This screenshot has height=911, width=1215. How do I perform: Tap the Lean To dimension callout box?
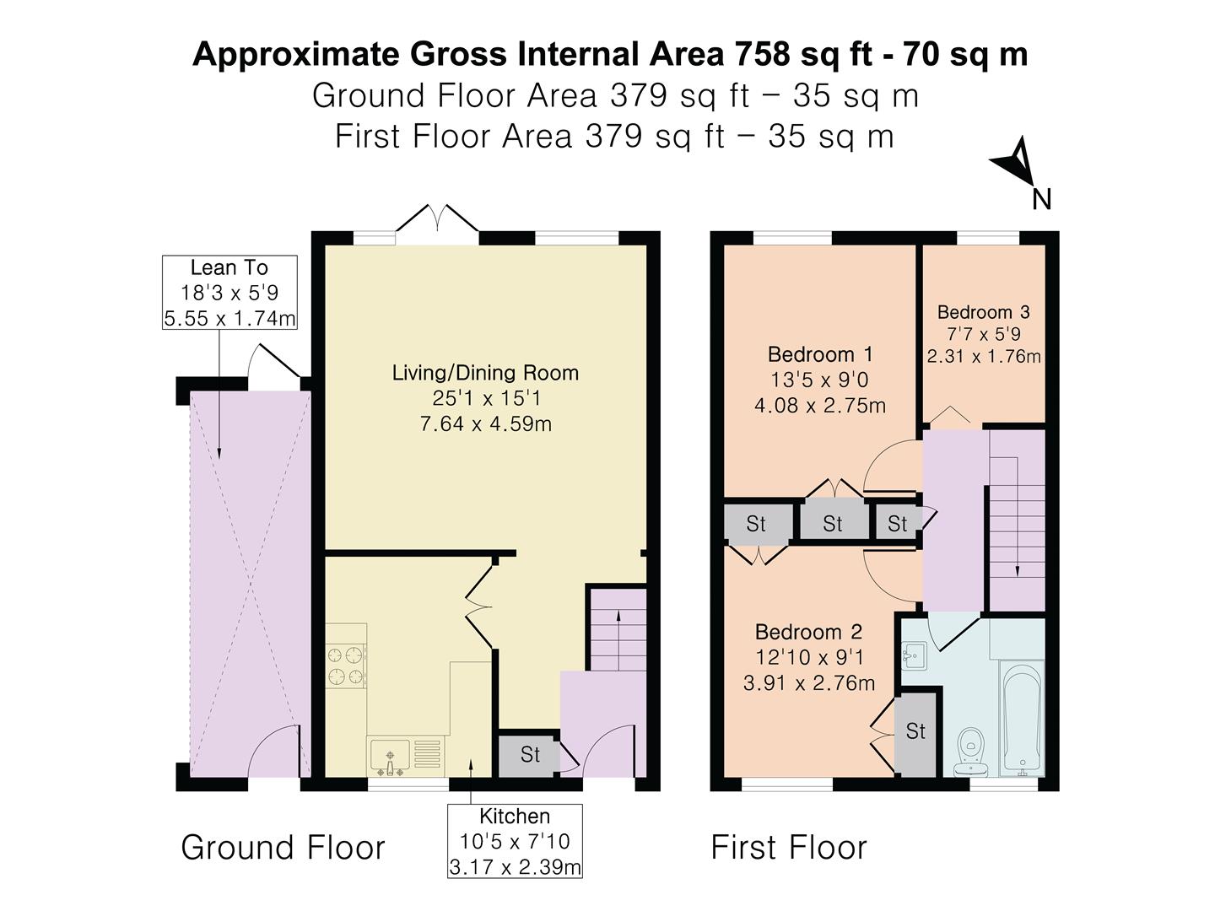click(229, 293)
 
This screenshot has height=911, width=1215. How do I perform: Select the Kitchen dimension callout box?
click(515, 841)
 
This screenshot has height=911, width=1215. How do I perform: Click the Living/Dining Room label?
click(485, 373)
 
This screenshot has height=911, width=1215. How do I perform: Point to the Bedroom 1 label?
click(819, 354)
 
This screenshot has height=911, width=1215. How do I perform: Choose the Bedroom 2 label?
click(808, 632)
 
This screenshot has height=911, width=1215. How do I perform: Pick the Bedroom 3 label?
click(983, 312)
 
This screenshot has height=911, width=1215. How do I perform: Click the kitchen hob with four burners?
click(346, 666)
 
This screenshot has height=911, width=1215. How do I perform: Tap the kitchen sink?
click(389, 756)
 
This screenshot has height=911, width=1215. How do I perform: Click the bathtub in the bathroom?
click(1022, 719)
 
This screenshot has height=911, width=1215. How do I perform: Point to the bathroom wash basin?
click(914, 655)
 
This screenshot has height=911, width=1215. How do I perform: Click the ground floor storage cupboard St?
click(529, 753)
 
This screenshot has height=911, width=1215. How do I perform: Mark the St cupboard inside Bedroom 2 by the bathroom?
click(915, 731)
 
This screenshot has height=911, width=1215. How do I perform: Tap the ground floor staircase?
click(618, 629)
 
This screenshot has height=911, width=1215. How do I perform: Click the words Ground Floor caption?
click(283, 847)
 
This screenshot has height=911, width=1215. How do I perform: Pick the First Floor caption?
click(788, 847)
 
